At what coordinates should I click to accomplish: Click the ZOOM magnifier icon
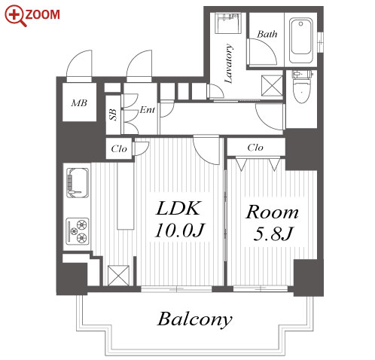coord(15,16)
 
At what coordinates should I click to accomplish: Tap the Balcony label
coord(194,319)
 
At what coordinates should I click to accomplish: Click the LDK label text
coord(178,208)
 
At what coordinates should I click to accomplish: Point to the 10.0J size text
coord(180,230)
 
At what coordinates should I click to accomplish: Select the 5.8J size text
coord(273,233)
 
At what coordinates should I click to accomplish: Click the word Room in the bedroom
coord(272,212)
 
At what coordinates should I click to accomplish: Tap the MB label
coord(79,103)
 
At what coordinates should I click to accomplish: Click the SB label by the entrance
coord(113,114)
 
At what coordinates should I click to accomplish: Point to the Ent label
coord(148,110)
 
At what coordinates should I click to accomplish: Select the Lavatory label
coord(228,63)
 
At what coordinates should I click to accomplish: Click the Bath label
coord(267,34)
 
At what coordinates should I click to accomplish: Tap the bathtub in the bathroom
coord(301,40)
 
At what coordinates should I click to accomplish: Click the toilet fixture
coord(302,87)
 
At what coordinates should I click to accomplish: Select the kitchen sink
coord(78,182)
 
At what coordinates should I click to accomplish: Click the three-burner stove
coord(78,231)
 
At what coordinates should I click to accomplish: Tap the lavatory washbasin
coord(228,23)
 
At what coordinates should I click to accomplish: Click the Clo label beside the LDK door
coord(119,149)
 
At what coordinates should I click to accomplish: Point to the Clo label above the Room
coord(255,148)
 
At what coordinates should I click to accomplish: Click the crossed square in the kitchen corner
coord(118,276)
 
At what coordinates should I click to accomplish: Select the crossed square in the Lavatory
coord(272,86)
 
